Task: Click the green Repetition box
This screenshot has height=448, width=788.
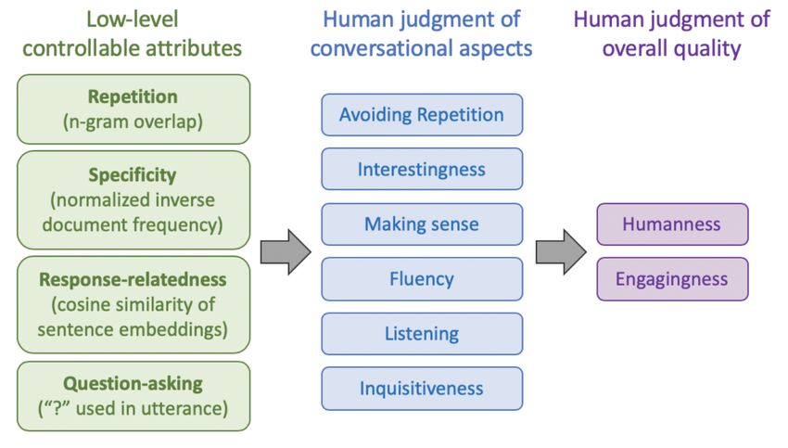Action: (133, 109)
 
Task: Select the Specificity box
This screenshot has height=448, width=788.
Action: (133, 199)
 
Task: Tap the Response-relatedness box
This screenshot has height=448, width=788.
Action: (133, 304)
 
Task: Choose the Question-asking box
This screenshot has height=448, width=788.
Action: (133, 396)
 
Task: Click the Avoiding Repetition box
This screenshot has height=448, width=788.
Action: (422, 115)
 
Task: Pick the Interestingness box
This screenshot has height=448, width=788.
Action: (422, 169)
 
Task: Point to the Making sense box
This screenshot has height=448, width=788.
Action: (422, 224)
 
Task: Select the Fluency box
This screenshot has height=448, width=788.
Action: (422, 278)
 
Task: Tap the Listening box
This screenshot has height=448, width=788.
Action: (422, 333)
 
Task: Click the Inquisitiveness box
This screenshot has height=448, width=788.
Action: (422, 388)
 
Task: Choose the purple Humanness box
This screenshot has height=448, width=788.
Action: (672, 224)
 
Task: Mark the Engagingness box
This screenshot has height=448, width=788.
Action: (672, 278)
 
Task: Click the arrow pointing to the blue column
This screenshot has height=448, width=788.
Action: (286, 252)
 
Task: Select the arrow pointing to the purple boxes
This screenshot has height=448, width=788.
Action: (561, 252)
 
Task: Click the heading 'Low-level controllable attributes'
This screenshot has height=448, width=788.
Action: (133, 33)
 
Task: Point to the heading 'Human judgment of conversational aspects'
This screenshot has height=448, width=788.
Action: (421, 33)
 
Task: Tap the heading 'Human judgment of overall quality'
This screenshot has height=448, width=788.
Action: (671, 33)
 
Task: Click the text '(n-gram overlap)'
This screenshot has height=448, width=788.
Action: (133, 122)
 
